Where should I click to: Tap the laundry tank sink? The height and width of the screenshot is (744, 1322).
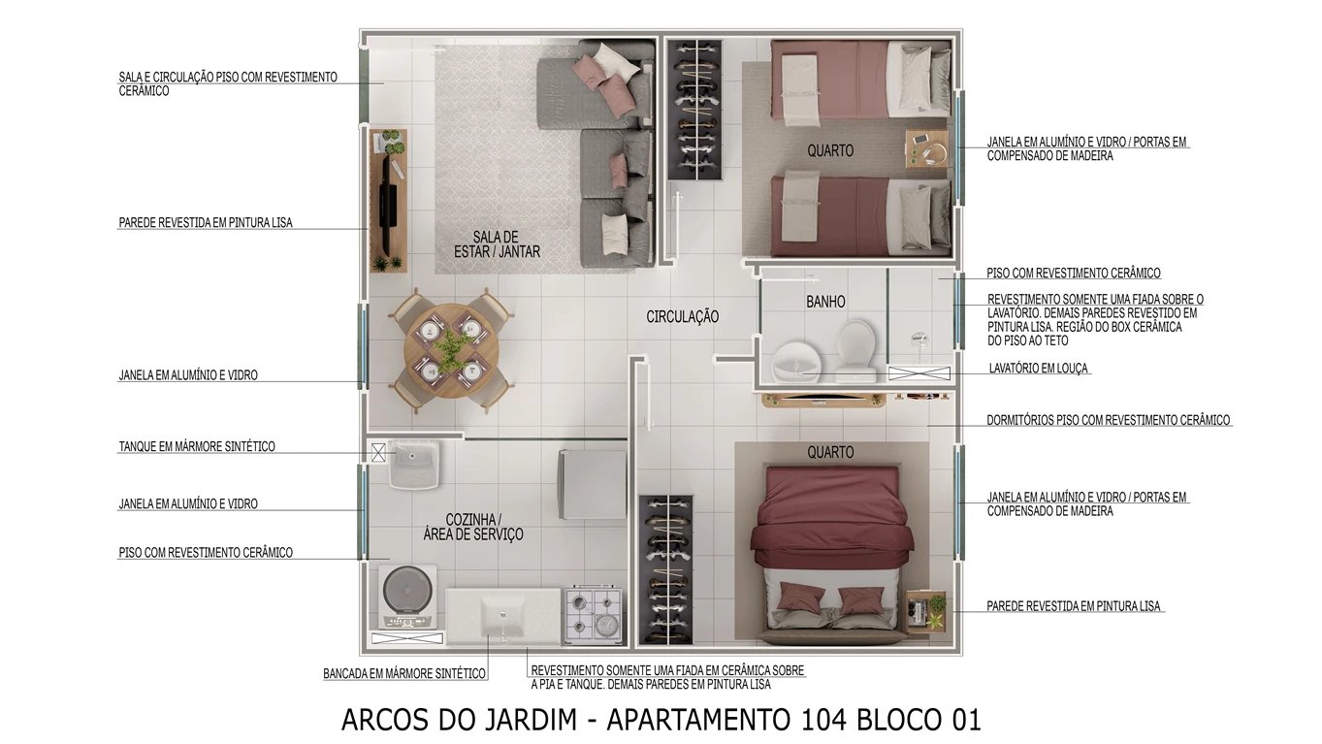point(414,465)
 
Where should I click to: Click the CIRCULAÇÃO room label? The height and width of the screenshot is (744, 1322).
point(683,316)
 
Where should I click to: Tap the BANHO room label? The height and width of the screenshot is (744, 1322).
point(825,302)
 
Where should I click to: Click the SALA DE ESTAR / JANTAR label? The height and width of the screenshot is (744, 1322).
point(497,244)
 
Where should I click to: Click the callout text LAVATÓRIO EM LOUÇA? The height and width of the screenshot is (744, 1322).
point(1038,369)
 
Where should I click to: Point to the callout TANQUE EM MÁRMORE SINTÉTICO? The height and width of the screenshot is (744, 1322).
point(197,446)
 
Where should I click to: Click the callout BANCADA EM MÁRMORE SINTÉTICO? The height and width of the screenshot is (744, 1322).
point(404,673)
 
